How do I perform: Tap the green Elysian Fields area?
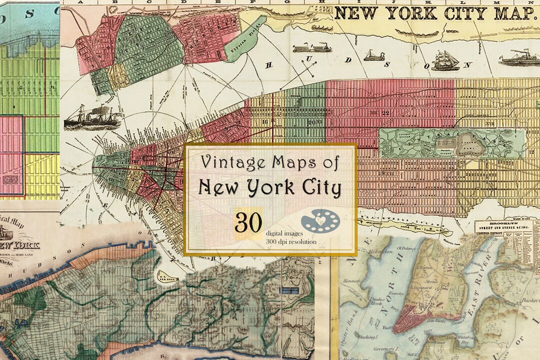tap(245, 36)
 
